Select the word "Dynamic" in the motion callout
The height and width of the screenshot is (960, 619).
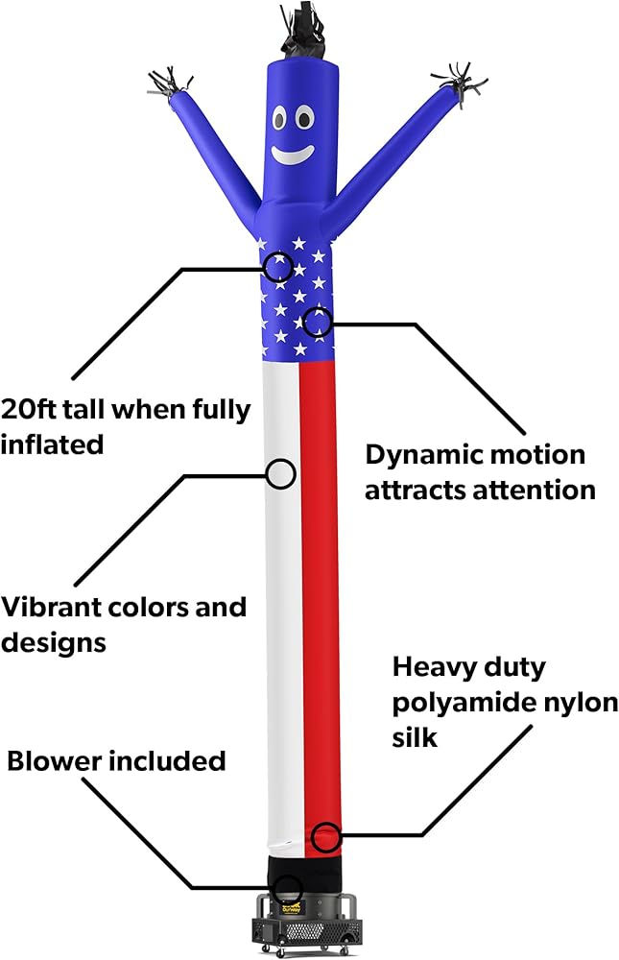point(422,454)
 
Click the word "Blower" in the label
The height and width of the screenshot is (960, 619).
point(54,761)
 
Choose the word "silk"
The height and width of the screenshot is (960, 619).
point(415,737)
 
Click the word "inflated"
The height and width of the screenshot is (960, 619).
point(52,444)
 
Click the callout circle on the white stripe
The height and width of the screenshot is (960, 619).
point(281,473)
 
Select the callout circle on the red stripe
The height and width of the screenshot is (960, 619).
point(325,837)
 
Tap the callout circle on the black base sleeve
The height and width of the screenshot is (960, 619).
point(287,888)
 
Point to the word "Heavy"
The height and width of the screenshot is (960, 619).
point(432,667)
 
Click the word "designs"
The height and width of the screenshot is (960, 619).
point(54,643)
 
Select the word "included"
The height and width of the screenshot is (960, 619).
point(168,761)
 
